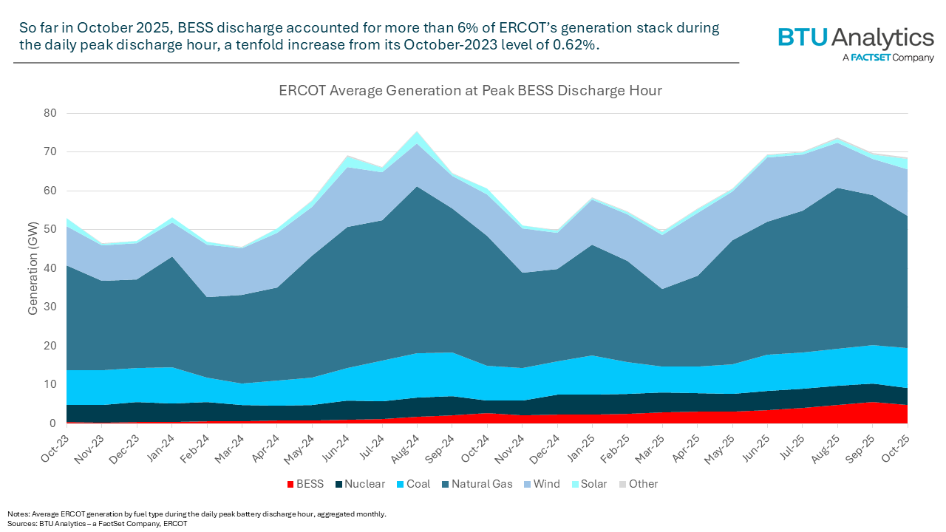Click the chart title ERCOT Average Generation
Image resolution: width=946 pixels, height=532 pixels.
tap(469, 91)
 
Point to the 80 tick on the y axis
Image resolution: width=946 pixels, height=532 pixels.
tap(51, 113)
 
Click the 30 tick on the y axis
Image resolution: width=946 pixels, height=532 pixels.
tap(51, 307)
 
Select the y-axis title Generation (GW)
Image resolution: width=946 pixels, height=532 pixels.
tap(33, 267)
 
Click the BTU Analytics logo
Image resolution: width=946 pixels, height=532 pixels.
tap(855, 43)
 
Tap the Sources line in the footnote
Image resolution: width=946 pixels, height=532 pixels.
tap(98, 523)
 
